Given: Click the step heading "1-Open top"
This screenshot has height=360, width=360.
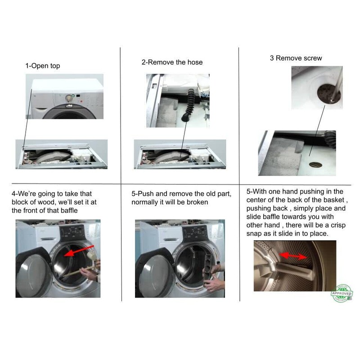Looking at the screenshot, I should tap(42, 66).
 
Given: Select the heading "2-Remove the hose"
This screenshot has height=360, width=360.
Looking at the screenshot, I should tap(172, 62).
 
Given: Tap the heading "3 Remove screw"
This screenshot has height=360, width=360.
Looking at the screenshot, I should tap(296, 58).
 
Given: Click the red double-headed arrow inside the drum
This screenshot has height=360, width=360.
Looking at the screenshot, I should tap(292, 256).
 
